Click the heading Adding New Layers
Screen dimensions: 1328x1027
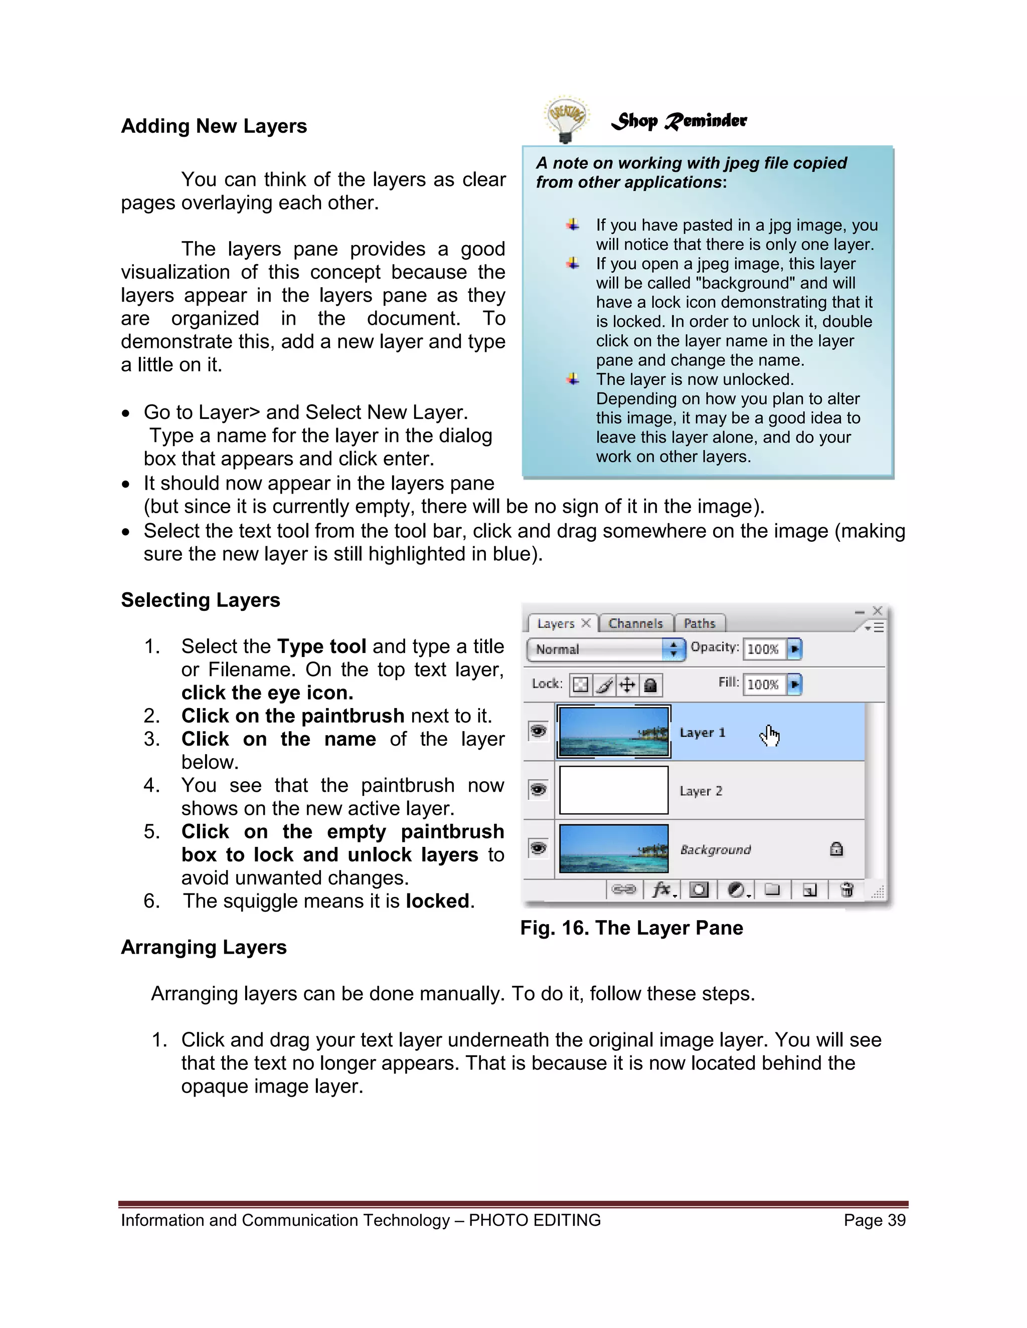click(x=214, y=126)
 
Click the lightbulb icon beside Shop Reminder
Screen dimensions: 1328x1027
click(x=566, y=119)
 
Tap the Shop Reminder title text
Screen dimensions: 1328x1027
click(x=679, y=120)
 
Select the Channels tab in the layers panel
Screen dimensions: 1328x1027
click(x=635, y=623)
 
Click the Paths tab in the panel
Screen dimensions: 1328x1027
click(x=699, y=623)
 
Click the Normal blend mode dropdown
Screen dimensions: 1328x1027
click(x=605, y=649)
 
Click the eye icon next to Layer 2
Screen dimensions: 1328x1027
click(x=539, y=790)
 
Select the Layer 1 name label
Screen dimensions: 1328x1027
click(x=702, y=733)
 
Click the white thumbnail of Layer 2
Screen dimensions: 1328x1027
click(x=613, y=790)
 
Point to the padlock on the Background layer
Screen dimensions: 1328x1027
click(x=836, y=849)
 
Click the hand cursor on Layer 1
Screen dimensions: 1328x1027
click(x=770, y=736)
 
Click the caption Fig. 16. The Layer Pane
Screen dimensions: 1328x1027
click(x=631, y=928)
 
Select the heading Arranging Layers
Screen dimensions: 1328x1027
click(x=203, y=947)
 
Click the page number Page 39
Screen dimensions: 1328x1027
click(x=874, y=1220)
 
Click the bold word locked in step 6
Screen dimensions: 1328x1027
click(x=438, y=901)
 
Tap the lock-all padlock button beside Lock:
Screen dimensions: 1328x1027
click(x=650, y=685)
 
